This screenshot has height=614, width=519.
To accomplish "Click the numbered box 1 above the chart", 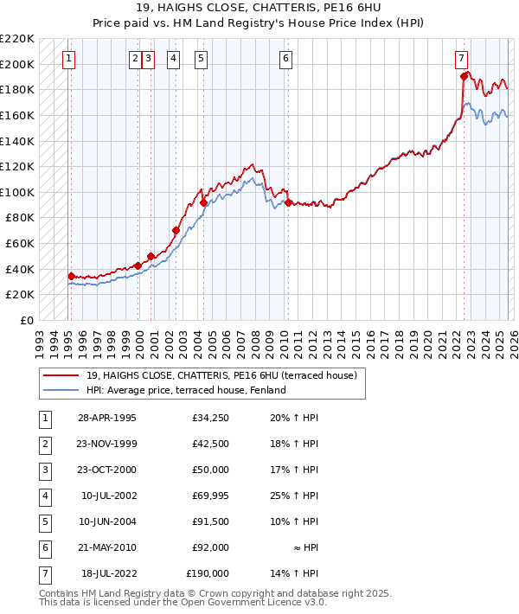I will point(68,59).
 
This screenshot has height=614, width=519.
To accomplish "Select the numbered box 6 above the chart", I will point(285,59).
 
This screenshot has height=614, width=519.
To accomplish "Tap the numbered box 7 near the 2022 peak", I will point(462,59).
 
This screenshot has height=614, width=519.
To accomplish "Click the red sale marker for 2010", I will point(287,202).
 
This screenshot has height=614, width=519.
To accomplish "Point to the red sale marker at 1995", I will point(71,276).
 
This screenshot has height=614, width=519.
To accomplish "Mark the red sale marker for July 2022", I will point(465,77).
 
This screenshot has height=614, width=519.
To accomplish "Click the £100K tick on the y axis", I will point(17,192).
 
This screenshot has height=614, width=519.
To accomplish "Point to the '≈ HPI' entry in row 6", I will point(306,547).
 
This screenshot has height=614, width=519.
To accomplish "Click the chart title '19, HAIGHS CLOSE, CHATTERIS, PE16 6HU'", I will point(259,9).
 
